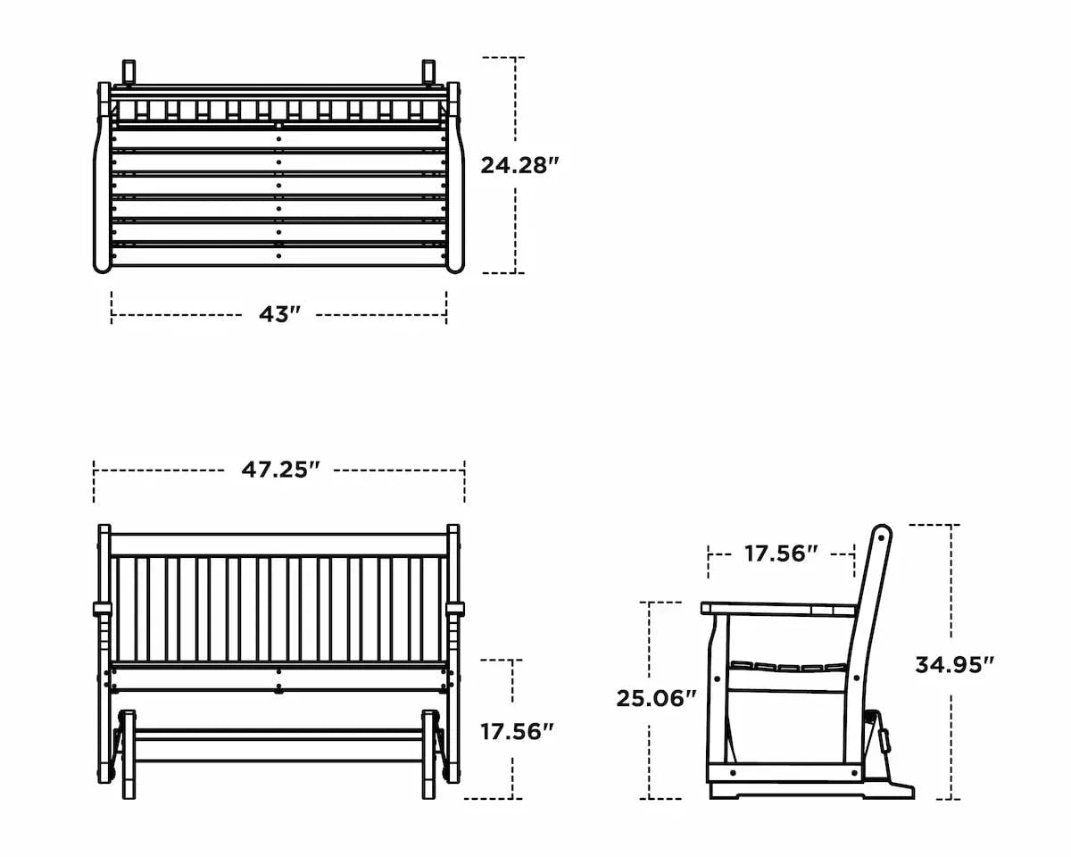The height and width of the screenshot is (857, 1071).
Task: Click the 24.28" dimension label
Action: point(519,165)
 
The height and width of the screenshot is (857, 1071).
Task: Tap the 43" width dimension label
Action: point(279,315)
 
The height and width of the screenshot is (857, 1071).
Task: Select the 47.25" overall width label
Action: point(279,470)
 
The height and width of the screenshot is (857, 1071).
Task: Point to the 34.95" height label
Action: point(954,664)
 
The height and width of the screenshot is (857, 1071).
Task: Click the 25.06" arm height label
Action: point(656,698)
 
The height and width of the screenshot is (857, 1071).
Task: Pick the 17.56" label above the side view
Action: point(781,553)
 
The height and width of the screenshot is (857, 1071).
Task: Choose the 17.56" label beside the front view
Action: point(517,732)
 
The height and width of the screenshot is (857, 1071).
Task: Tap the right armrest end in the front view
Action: point(456,610)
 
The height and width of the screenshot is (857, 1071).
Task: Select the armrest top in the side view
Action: point(776,609)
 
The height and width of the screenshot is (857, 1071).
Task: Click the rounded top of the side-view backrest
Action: point(882,534)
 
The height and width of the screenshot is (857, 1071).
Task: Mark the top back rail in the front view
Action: point(279,545)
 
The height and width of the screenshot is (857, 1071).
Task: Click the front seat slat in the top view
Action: point(279,256)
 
